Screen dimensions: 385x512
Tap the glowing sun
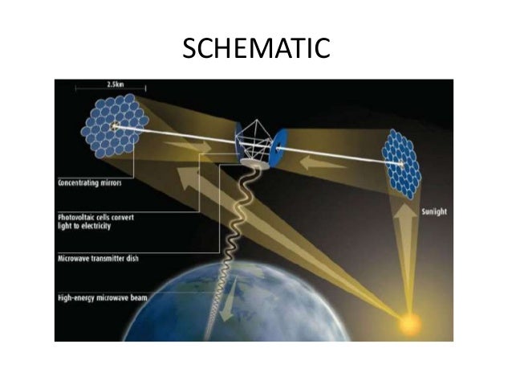(409, 322)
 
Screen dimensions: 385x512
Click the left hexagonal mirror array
(117, 126)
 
